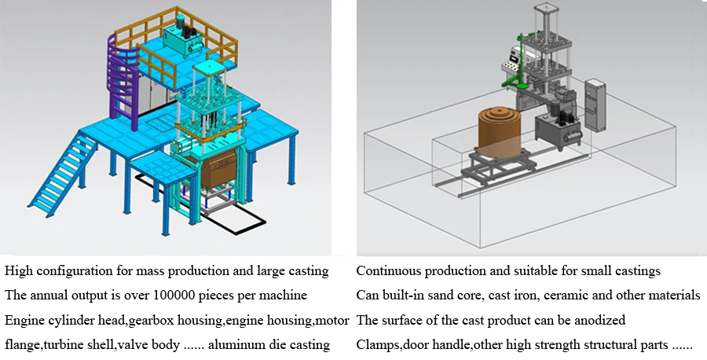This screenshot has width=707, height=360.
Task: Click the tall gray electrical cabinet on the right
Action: click(595, 105)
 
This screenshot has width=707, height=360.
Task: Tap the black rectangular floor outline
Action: click(200, 203)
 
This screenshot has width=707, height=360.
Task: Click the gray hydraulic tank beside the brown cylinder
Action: click(559, 130)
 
